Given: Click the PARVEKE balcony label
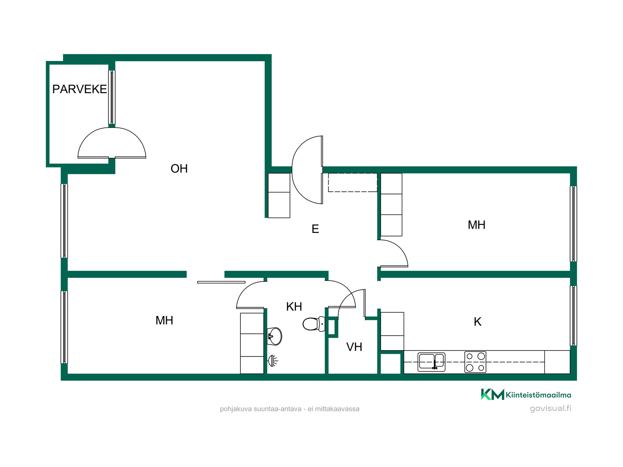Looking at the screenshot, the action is [79, 89].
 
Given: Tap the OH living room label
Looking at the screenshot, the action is [179, 169].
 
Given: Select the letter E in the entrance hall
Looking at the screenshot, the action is [315, 229].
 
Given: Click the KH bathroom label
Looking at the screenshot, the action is [294, 306].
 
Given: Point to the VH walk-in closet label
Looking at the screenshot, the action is [354, 347].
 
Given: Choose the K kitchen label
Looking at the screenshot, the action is [477, 322].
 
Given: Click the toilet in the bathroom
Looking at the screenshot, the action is [314, 324].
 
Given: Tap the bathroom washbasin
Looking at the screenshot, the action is [275, 336].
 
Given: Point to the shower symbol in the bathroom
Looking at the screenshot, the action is [273, 361].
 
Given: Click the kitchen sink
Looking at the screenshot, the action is [431, 362].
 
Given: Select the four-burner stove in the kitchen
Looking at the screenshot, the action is [475, 362].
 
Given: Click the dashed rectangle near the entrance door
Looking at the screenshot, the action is [353, 182].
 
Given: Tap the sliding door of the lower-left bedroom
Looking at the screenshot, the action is [221, 282].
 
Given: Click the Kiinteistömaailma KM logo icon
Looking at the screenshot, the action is [492, 394].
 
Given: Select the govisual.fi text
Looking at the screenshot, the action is [550, 408].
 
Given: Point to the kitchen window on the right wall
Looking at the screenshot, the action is [573, 316].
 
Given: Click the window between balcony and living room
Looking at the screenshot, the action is [112, 97].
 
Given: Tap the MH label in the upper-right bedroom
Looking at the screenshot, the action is [476, 225].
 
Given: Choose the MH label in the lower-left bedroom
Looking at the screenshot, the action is [164, 320].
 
